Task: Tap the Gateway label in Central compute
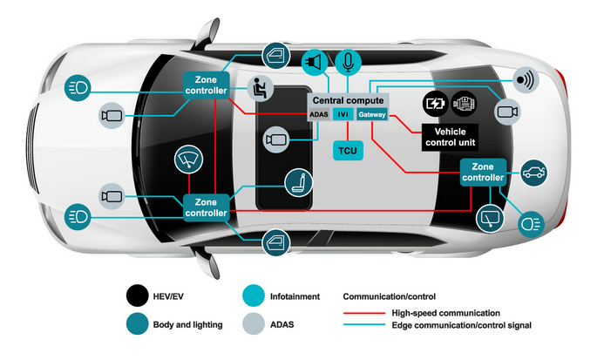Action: point(370,114)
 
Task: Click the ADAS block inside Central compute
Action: point(318,114)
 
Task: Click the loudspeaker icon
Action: point(313,63)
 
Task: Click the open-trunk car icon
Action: point(533,172)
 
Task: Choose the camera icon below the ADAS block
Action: point(276,139)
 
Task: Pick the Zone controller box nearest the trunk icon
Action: point(482,172)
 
